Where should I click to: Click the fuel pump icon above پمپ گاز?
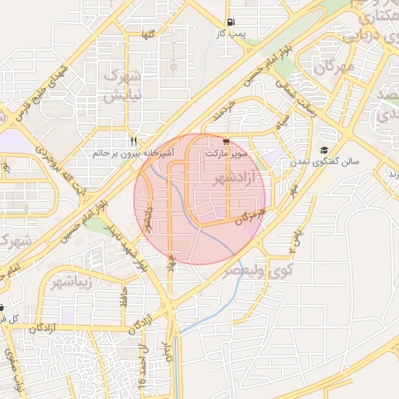[229, 23]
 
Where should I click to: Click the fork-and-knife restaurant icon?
[133, 141]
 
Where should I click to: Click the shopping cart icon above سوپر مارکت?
[226, 142]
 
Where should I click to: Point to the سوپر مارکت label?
[226, 154]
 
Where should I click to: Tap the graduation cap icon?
[323, 150]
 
